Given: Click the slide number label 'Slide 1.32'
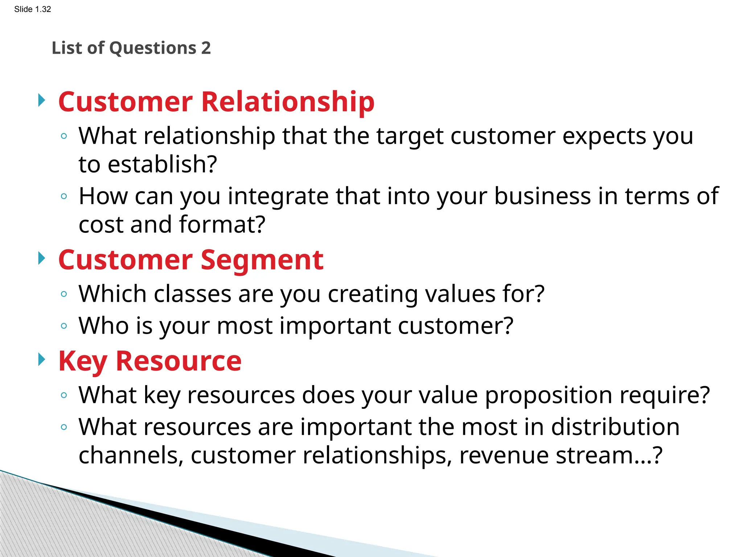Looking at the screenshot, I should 33,9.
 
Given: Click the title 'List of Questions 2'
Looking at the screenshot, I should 131,48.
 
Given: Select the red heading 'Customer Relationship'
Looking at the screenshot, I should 216,102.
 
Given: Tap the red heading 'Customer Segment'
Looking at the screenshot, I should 191,260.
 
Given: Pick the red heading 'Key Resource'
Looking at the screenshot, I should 150,361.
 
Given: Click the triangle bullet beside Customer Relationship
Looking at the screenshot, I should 42,100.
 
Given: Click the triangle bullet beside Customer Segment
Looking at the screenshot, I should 42,259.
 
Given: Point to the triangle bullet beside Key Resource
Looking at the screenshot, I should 42,360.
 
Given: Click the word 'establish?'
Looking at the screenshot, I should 163,164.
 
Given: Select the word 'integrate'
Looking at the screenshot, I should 278,196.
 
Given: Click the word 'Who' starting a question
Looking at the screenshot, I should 104,325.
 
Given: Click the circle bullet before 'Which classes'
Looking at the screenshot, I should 64,294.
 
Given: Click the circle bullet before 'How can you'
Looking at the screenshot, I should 64,197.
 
